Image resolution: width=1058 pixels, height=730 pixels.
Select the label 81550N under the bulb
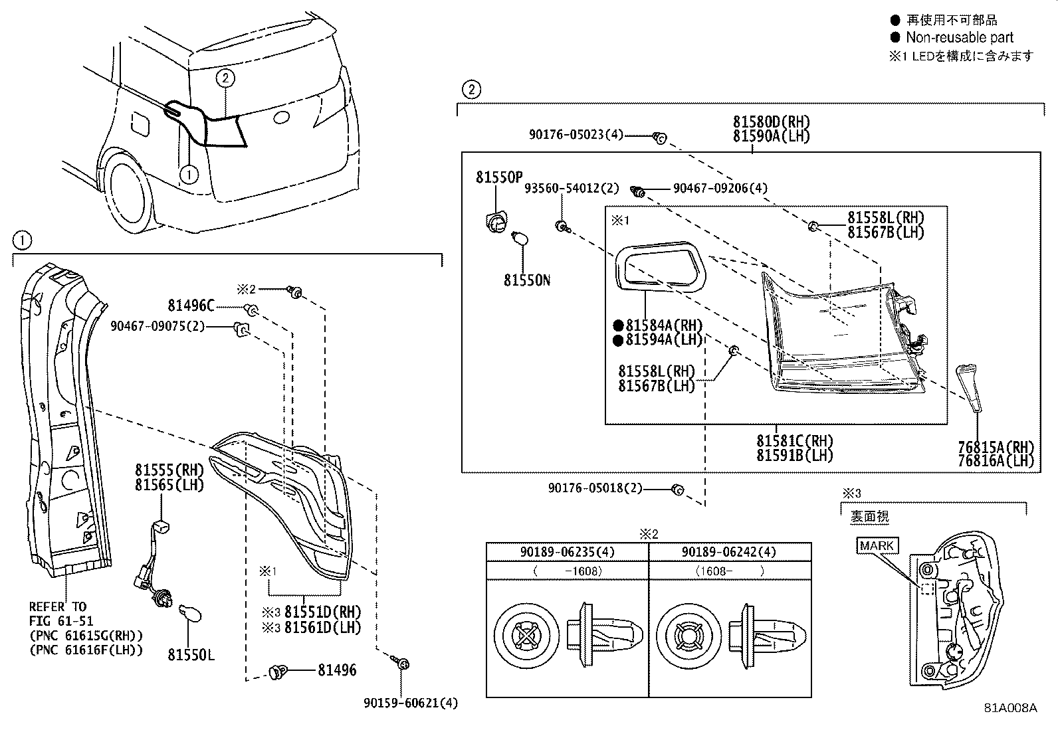(x=527, y=280)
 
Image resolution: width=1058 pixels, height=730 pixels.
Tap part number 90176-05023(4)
(x=576, y=135)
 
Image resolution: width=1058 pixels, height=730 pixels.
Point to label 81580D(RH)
(x=772, y=122)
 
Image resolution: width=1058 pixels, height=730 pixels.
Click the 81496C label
(x=191, y=306)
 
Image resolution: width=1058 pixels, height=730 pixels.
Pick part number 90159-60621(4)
(x=411, y=703)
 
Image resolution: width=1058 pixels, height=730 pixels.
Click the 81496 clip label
(x=336, y=670)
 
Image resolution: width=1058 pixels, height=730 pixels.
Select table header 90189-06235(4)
(x=568, y=552)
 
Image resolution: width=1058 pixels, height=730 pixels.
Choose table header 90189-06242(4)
(x=730, y=552)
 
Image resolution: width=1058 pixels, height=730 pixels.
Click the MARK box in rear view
(x=877, y=546)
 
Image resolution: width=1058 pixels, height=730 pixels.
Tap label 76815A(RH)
(x=996, y=448)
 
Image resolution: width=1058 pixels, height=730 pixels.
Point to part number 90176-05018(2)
(x=595, y=488)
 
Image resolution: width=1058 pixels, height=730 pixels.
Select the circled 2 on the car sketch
(x=225, y=78)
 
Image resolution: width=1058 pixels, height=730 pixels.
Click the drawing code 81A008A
(x=1010, y=708)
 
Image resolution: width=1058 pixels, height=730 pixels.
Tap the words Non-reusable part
(x=960, y=38)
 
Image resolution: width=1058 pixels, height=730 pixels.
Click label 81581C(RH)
(x=794, y=441)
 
